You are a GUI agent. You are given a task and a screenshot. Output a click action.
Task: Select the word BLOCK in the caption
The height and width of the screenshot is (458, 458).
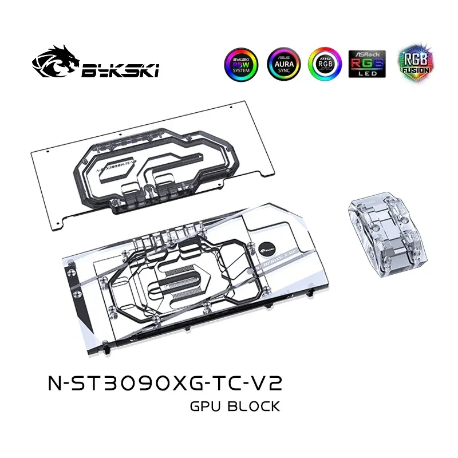(255, 407)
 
